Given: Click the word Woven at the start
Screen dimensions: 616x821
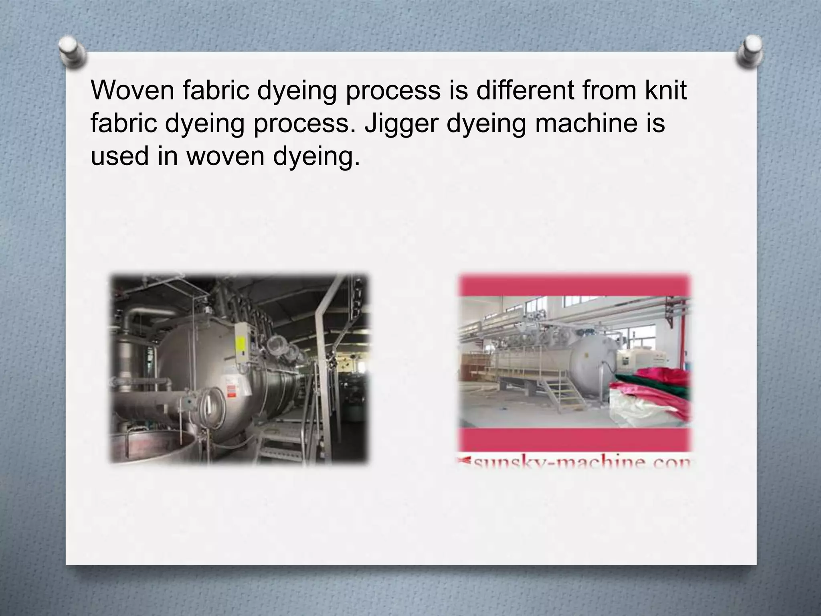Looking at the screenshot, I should click(132, 90).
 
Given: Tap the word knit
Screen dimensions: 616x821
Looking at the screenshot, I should click(665, 90).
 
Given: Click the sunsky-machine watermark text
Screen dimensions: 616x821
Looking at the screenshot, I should click(575, 464).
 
